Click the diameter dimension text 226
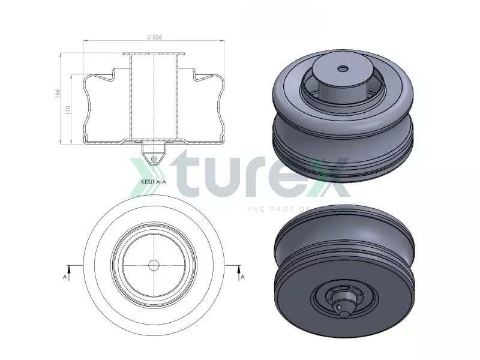[x=157, y=37]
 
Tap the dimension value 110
[x=67, y=110]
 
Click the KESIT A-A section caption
[x=153, y=179]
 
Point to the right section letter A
[x=242, y=277]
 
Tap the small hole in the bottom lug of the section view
[x=154, y=158]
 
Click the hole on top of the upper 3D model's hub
[x=343, y=68]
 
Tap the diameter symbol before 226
[x=148, y=37]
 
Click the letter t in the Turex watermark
[x=174, y=178]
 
